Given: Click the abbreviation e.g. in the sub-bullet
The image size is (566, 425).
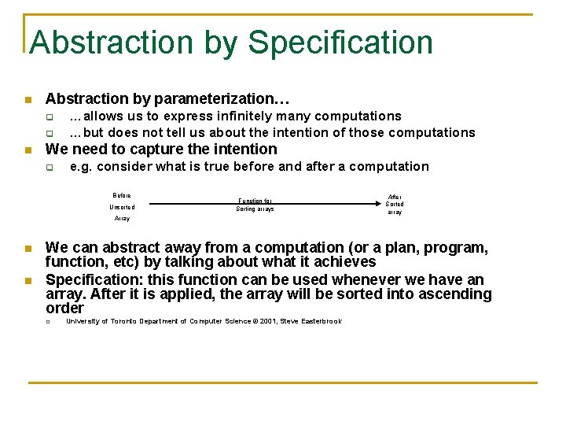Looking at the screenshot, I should (x=81, y=167).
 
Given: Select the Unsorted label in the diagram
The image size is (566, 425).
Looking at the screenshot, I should (x=122, y=207).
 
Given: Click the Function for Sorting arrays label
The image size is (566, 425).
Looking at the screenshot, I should (x=255, y=205).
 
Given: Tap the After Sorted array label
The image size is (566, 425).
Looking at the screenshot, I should (x=394, y=205).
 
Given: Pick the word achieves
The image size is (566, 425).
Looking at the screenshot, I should (x=344, y=262).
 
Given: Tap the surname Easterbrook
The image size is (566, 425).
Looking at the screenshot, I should (x=322, y=321).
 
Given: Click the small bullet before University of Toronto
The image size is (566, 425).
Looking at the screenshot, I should (x=49, y=321).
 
